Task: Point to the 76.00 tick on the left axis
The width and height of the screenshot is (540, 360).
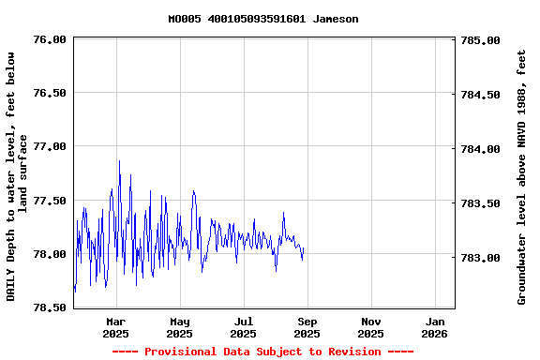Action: (50, 39)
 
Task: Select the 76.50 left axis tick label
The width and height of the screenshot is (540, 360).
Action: (50, 93)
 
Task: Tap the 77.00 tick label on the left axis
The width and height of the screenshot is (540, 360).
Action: (50, 147)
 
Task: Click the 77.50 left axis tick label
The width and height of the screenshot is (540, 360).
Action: (50, 201)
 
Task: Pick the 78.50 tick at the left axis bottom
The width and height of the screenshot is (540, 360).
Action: (50, 307)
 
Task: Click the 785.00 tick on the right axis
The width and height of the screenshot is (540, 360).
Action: (481, 41)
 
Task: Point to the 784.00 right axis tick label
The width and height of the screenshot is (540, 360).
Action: (481, 149)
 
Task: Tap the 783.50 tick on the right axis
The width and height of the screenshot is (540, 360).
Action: (481, 203)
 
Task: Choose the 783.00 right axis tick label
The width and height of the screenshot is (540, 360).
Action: (481, 258)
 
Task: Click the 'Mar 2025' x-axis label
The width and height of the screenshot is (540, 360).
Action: (115, 327)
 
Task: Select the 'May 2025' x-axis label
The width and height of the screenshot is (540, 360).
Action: (179, 327)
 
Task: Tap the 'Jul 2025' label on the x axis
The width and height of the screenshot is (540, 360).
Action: (243, 327)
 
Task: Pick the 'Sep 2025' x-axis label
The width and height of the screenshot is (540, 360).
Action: (307, 327)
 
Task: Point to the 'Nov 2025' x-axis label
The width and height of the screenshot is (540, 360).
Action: (370, 327)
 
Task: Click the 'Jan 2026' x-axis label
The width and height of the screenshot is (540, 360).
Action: (434, 327)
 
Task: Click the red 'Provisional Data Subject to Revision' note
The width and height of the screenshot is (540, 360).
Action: (262, 352)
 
